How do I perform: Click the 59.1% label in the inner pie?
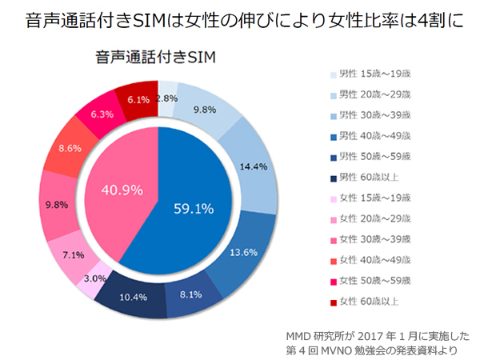[193, 210]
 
